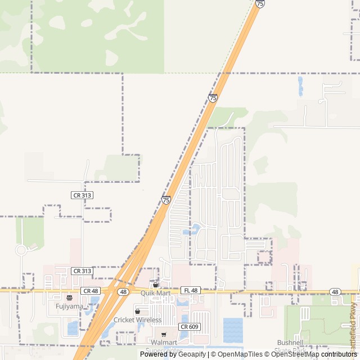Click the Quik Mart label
pos(156,293)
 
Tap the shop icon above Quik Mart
pos(156,285)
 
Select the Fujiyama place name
pos(69,306)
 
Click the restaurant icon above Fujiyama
pos(69,298)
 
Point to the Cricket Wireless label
pos(137,319)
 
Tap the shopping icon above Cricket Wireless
pos(137,311)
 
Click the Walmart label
pos(164,342)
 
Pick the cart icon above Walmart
pos(164,334)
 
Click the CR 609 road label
pos(190,326)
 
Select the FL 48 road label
pos(191,290)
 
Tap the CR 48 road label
pos(90,290)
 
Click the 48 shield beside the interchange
pos(123,292)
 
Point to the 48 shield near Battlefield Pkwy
pos(335,292)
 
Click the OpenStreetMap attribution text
pos(296,354)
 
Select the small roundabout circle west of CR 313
pos(21,250)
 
